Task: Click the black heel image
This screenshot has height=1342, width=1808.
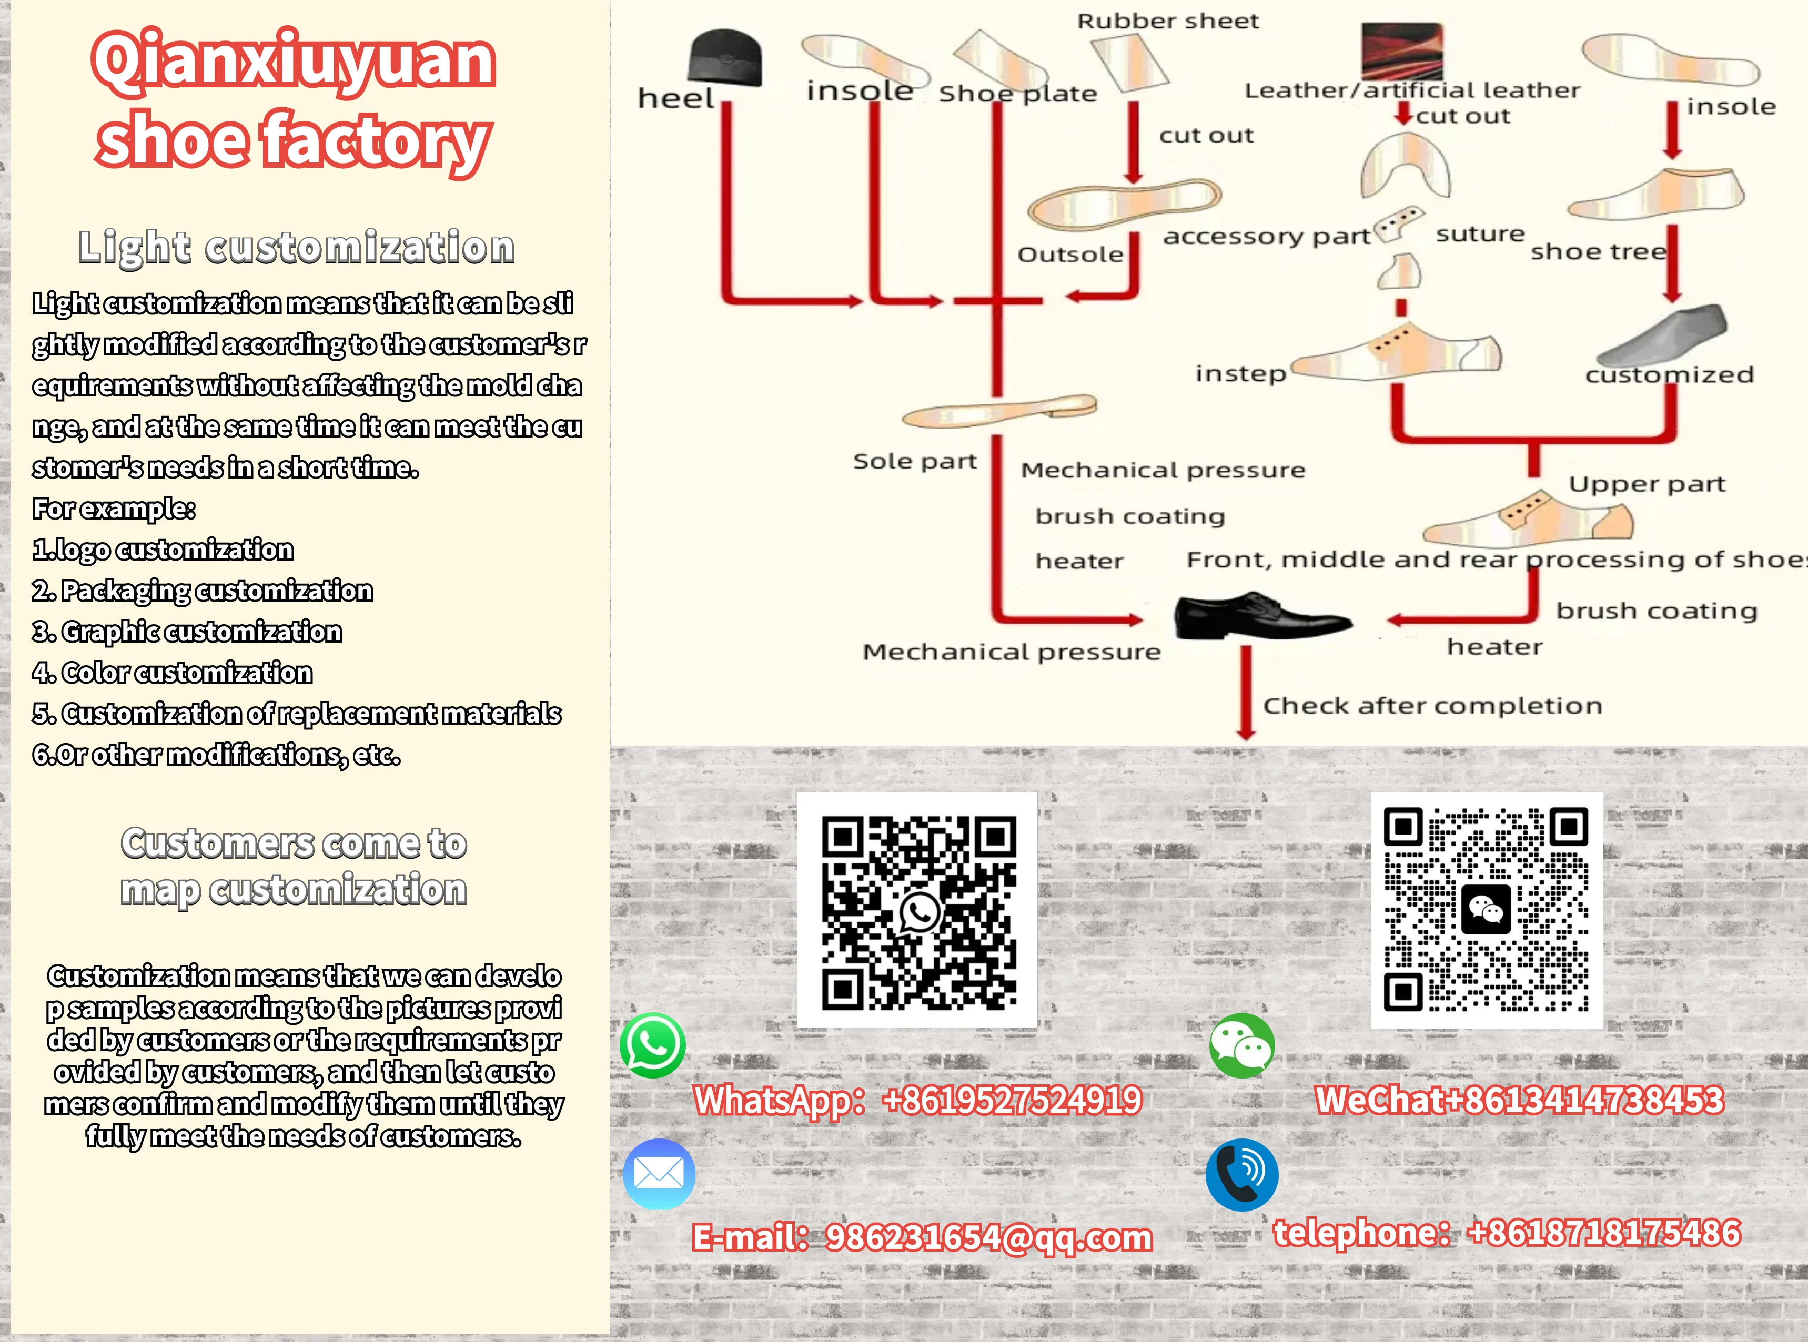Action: click(725, 58)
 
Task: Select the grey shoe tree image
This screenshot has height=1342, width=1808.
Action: click(1663, 335)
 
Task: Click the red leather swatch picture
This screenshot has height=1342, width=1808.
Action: click(1402, 50)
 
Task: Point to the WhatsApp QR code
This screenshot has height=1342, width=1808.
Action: click(917, 910)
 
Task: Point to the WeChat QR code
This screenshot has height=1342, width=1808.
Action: click(1486, 910)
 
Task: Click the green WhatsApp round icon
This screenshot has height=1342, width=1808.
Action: click(652, 1045)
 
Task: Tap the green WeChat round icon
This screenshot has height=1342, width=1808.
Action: click(1241, 1045)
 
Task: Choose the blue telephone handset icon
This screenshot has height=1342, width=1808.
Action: click(1241, 1175)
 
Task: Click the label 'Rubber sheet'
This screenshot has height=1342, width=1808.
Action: click(1168, 21)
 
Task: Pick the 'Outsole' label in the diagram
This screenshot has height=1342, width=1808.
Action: click(1070, 255)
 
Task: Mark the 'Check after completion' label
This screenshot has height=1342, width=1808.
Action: click(1432, 705)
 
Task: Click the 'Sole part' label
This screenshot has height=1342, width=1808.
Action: click(914, 461)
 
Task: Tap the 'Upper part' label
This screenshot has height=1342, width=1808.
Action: click(1647, 484)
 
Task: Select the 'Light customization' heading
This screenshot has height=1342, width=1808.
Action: click(297, 247)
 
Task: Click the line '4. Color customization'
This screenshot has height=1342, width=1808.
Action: click(172, 673)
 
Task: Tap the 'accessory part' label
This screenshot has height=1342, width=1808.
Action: click(1266, 237)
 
